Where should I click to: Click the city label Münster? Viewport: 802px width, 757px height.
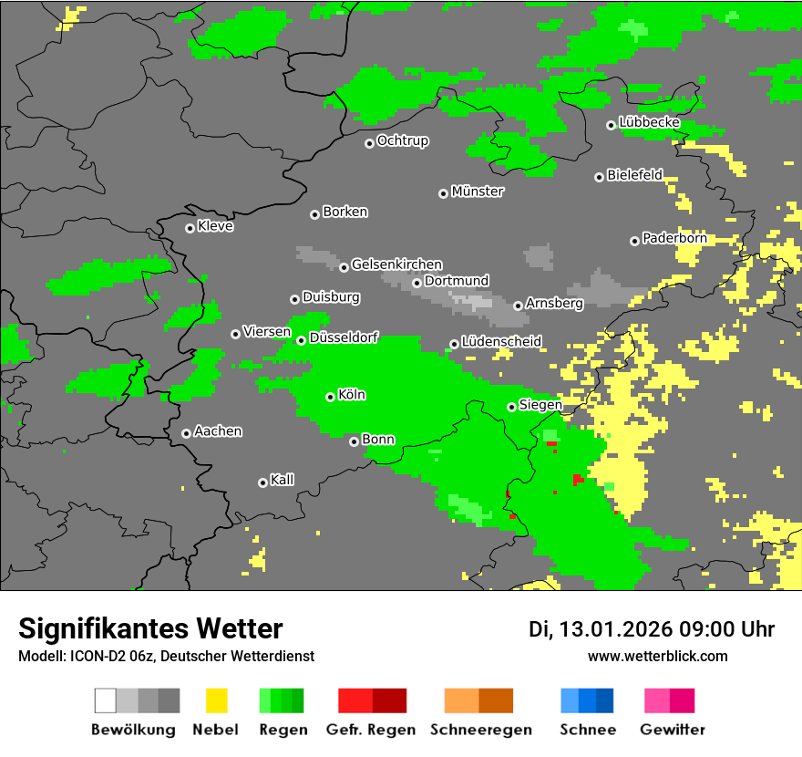click(477, 192)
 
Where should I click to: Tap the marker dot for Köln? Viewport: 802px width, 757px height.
click(330, 397)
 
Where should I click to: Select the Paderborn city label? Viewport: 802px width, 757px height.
click(674, 238)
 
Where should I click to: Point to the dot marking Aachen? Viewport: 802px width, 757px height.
click(186, 433)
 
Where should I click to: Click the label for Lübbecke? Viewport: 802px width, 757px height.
click(649, 122)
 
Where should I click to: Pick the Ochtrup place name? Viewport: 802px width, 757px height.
click(402, 140)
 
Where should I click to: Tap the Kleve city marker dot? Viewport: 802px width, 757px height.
click(190, 228)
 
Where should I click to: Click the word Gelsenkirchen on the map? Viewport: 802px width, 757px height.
click(396, 264)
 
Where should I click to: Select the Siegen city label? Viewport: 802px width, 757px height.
click(540, 405)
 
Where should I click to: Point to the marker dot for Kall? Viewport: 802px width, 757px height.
click(262, 482)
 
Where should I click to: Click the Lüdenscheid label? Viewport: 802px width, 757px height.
click(501, 341)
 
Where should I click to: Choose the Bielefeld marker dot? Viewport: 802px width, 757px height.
click(599, 177)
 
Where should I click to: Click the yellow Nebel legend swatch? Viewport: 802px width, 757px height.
click(216, 700)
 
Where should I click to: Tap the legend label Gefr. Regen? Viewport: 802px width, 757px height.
click(371, 730)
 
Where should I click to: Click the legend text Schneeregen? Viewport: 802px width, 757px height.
click(479, 730)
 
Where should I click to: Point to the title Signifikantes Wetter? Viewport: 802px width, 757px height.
click(150, 628)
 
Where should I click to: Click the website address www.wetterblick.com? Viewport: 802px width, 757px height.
click(657, 656)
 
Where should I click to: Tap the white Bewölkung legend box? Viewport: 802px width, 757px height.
click(105, 700)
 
